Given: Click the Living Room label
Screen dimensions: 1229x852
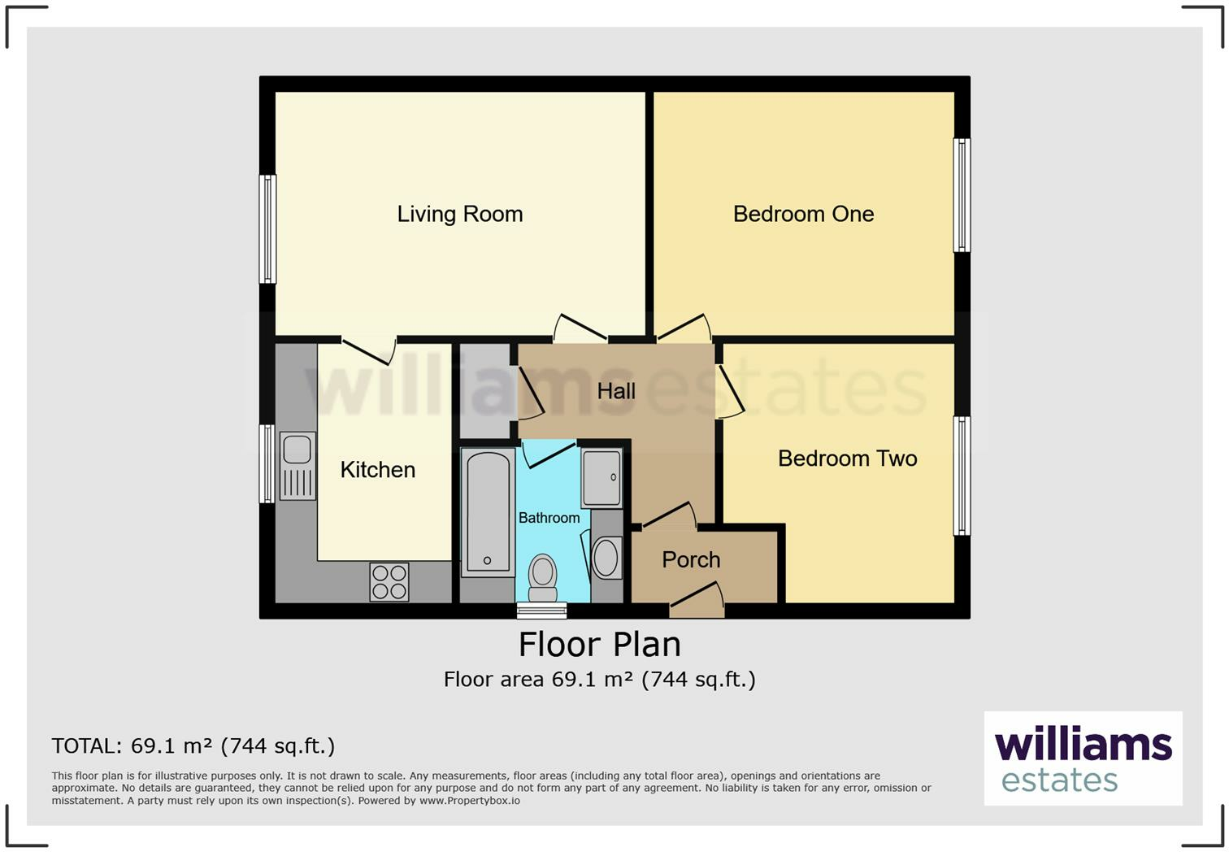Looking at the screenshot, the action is coord(460,214).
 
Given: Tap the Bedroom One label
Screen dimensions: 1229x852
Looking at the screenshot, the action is coord(803,214).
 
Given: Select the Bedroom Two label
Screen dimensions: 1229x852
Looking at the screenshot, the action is coord(847,459).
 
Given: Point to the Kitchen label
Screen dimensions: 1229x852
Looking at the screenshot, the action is coord(377,470).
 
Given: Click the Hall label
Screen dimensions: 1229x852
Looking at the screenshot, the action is coord(616,391).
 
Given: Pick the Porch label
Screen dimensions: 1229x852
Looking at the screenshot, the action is coord(691,559).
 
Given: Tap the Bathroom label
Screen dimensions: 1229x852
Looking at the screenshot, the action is coord(549,518).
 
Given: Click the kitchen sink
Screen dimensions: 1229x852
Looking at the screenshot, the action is coord(298,466).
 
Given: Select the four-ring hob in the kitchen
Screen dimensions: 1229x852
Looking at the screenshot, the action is coord(389,582).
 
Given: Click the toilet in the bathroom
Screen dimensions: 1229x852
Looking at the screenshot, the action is coord(543,578).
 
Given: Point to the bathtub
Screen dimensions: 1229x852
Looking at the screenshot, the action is coord(488,512).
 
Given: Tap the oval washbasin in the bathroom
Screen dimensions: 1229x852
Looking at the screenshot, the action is coord(606,558).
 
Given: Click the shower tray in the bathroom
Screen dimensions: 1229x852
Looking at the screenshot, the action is coord(601,478).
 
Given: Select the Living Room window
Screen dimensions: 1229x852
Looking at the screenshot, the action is coord(267,228).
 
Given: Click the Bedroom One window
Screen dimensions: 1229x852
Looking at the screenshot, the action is coord(962,195).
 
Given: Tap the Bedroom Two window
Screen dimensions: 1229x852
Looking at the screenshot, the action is coord(962,476).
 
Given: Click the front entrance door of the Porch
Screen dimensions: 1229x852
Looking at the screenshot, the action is coord(697,600).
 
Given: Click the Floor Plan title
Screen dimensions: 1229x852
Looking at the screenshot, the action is coord(600,644).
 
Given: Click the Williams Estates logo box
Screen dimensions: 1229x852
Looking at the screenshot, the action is coord(1083,759).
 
